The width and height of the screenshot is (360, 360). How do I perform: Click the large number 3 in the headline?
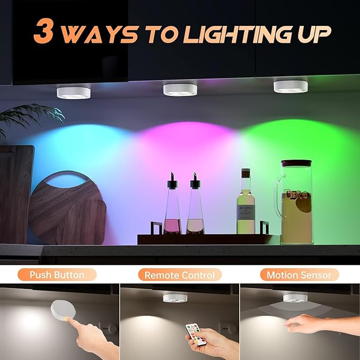pyautogui.click(x=43, y=31)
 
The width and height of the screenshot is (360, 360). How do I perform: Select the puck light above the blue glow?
pyautogui.click(x=74, y=93)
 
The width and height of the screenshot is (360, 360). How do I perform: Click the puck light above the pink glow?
pyautogui.click(x=180, y=90)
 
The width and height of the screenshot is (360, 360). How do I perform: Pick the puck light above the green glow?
pyautogui.click(x=291, y=86)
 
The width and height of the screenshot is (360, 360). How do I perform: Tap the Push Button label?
pyautogui.click(x=57, y=275)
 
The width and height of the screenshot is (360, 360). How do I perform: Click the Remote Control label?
pyautogui.click(x=180, y=275)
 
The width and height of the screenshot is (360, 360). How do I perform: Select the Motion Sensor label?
pyautogui.click(x=299, y=275)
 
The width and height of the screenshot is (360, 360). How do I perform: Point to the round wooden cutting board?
pyautogui.click(x=67, y=208)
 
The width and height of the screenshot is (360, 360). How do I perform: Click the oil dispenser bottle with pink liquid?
pyautogui.click(x=172, y=204)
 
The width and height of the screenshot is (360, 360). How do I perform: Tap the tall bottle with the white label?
pyautogui.click(x=245, y=201)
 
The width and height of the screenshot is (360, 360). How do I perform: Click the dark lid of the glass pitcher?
pyautogui.click(x=296, y=163)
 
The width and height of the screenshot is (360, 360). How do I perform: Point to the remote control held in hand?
pyautogui.click(x=196, y=334)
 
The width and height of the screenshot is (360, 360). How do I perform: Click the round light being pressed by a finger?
pyautogui.click(x=63, y=309)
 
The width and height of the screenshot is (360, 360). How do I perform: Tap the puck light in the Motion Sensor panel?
pyautogui.click(x=295, y=298)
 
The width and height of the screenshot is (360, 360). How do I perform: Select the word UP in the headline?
pyautogui.click(x=314, y=34)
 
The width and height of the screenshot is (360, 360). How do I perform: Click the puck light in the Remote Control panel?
pyautogui.click(x=175, y=298)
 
